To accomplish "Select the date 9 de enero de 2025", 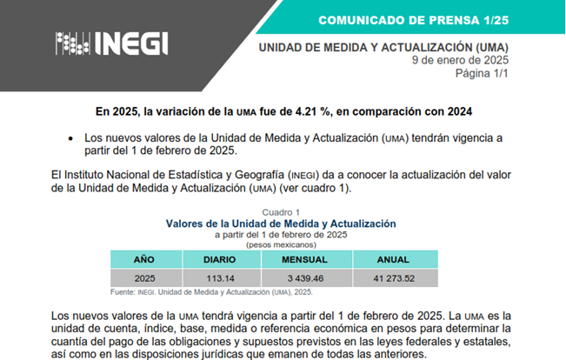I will click(460, 60).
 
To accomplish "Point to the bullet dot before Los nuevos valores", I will click(70, 139).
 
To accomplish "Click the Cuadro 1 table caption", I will click(281, 212).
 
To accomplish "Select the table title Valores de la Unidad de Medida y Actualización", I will click(281, 223).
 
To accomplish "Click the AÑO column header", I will click(144, 260).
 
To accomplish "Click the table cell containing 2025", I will click(144, 278).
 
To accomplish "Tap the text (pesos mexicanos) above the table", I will click(281, 244).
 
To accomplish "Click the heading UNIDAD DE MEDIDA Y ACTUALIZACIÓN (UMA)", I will click(383, 46).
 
